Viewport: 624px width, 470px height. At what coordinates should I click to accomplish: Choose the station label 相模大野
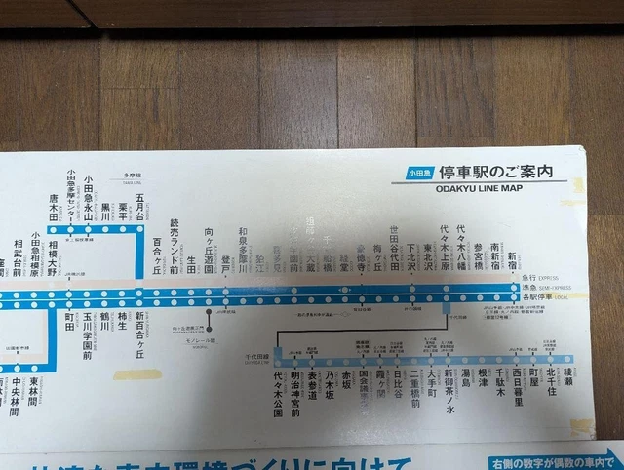pyautogui.click(x=51, y=258)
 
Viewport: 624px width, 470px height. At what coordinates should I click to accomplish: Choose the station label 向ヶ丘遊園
pyautogui.click(x=210, y=251)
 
